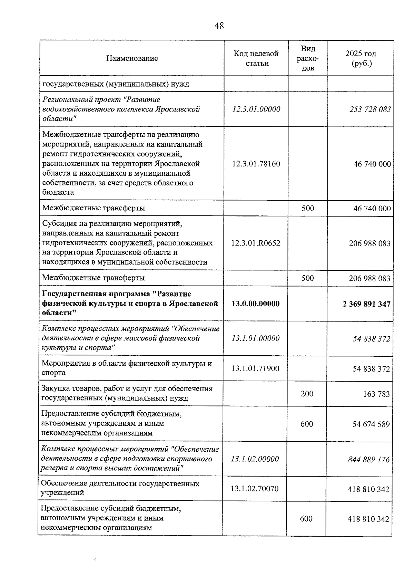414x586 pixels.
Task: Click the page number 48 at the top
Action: (x=219, y=26)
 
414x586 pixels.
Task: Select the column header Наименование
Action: (x=132, y=58)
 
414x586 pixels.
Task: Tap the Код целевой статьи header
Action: (x=256, y=58)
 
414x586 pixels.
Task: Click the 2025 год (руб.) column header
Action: (x=361, y=58)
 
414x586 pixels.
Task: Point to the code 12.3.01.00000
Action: (x=256, y=109)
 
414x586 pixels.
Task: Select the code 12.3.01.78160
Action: (x=256, y=163)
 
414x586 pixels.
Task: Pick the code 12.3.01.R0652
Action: (x=256, y=243)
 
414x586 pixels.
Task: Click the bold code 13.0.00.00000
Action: (x=256, y=304)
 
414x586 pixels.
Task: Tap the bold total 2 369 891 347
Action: (x=366, y=304)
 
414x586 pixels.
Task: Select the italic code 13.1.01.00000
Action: (x=256, y=338)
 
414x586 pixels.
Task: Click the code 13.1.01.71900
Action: (x=255, y=368)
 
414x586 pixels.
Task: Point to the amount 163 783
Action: (x=376, y=394)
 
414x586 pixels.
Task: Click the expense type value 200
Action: (x=307, y=394)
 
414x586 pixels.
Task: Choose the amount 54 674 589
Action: (x=371, y=424)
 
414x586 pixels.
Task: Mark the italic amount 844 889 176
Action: (x=369, y=460)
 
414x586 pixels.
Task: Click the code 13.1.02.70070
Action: (x=255, y=489)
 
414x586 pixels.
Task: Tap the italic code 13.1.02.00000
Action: (x=255, y=459)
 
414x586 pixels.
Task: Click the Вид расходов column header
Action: (x=308, y=58)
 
